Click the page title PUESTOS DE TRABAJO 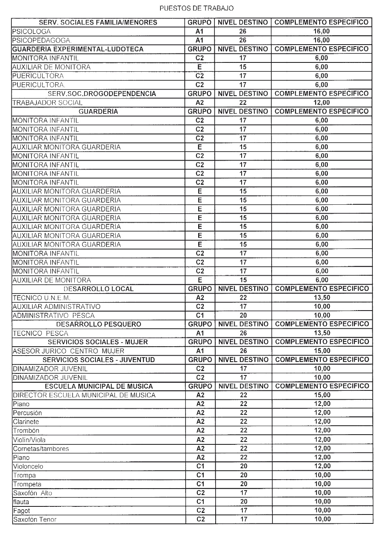[x=197, y=8]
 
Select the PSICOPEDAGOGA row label [x=42, y=40]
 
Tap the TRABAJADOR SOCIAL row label [x=48, y=103]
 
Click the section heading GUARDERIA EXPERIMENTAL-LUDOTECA [x=78, y=49]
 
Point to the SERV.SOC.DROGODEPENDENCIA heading [x=102, y=94]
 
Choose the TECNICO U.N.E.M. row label [x=42, y=298]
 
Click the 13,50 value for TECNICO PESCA [x=322, y=333]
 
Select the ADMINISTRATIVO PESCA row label [x=54, y=315]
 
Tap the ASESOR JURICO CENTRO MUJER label [x=69, y=351]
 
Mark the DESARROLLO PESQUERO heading [x=99, y=324]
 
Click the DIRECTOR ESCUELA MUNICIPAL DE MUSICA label [x=84, y=395]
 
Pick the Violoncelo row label [x=28, y=467]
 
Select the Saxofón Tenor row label [x=35, y=520]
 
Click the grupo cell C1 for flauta [x=200, y=502]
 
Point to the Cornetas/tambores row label [x=41, y=449]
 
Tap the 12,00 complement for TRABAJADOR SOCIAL [x=322, y=103]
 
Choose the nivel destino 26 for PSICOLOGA [x=243, y=32]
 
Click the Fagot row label [x=22, y=511]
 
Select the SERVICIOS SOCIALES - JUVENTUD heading [x=99, y=360]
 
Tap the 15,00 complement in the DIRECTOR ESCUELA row [x=322, y=395]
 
